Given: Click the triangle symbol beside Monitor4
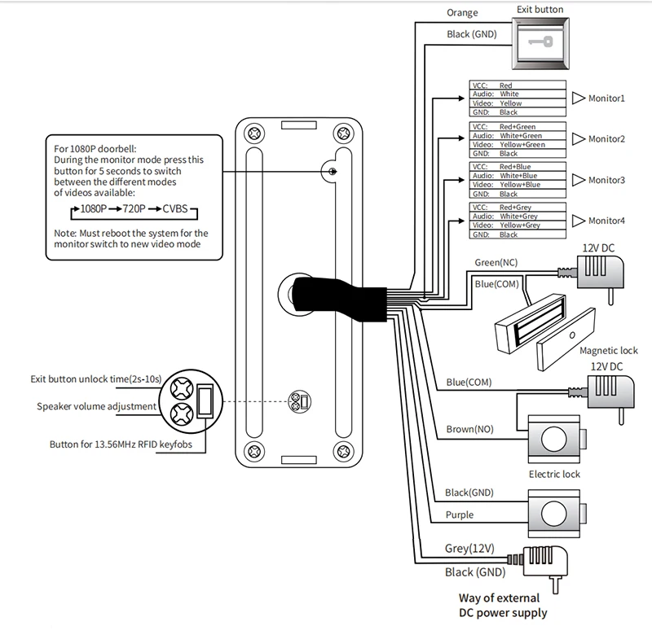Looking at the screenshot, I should [578, 221].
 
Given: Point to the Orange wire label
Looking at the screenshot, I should [463, 13].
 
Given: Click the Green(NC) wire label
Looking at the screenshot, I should [496, 263].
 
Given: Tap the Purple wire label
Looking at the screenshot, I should [460, 515].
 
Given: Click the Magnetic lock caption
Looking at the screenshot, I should [609, 351].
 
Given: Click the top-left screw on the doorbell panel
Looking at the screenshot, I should [255, 132].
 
